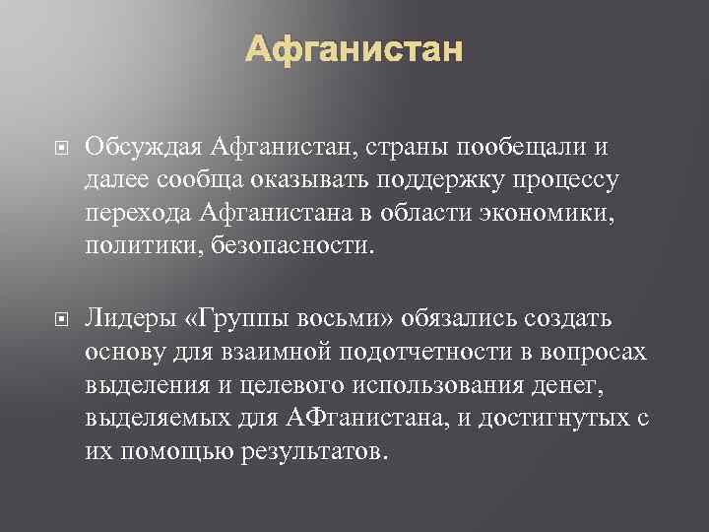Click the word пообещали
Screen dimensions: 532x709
[x=539, y=148]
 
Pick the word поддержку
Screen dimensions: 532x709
[x=451, y=179]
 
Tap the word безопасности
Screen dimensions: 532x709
[x=297, y=242]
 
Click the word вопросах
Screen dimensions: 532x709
[x=596, y=351]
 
